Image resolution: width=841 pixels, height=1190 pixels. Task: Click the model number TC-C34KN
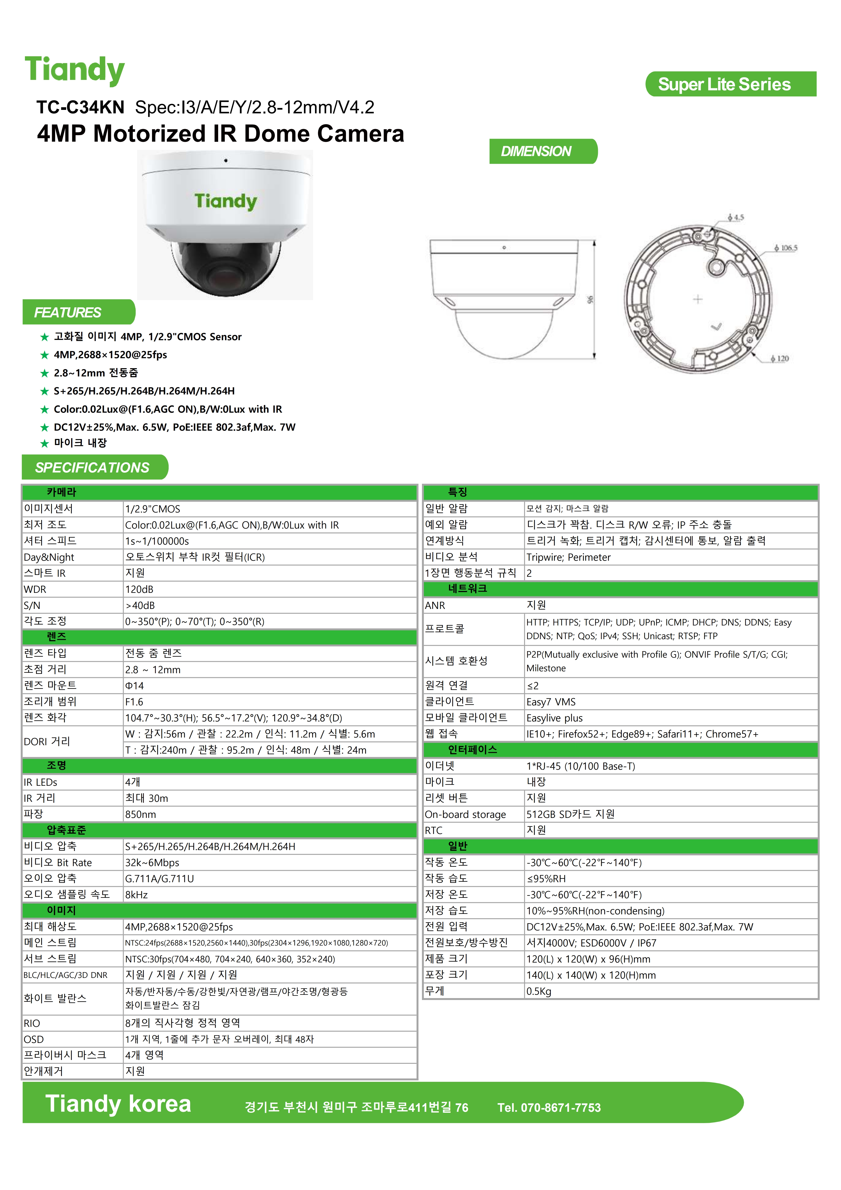pos(80,107)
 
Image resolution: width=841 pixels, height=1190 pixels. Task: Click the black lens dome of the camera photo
pos(225,269)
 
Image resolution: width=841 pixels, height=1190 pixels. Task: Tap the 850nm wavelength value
pos(140,814)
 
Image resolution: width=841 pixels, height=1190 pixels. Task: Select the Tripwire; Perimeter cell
pos(568,557)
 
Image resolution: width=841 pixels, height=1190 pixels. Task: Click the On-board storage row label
pos(465,814)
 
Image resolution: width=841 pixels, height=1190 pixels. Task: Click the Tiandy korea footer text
pos(118,1104)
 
